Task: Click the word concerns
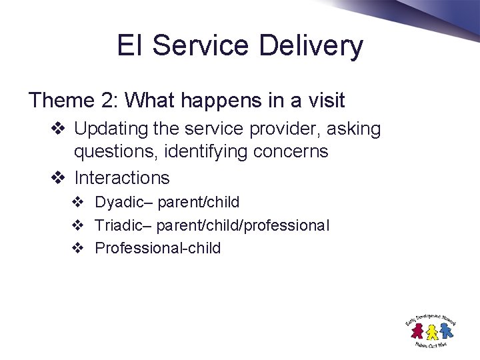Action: click(291, 152)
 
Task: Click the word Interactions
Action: click(122, 178)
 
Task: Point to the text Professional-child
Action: click(157, 249)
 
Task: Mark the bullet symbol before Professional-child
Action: click(77, 249)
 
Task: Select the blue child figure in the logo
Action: click(444, 329)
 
